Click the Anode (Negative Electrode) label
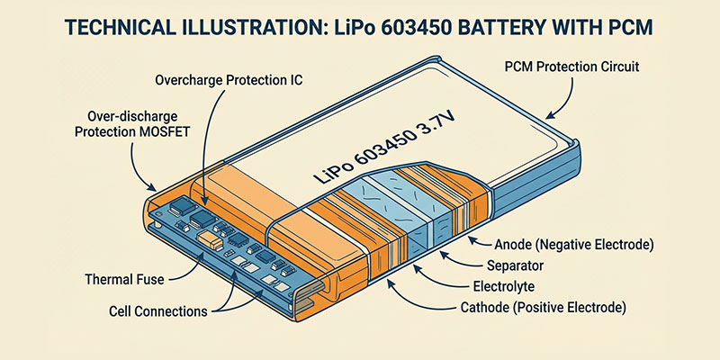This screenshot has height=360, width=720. [x=571, y=244]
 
